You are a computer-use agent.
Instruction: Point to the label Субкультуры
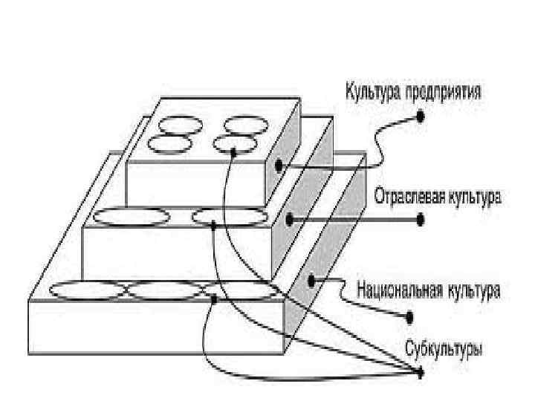pos(444,347)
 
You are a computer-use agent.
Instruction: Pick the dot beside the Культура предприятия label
pos(421,116)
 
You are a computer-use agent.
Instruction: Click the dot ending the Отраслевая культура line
pos(421,219)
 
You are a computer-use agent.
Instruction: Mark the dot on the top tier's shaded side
pos(279,166)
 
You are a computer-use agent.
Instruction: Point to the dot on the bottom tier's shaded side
pos(312,281)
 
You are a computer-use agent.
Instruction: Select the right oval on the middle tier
pos(229,216)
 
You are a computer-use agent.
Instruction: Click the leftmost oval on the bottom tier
pos(86,290)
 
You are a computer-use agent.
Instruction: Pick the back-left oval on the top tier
pos(181,124)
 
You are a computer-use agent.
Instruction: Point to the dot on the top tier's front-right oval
pos(233,151)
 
